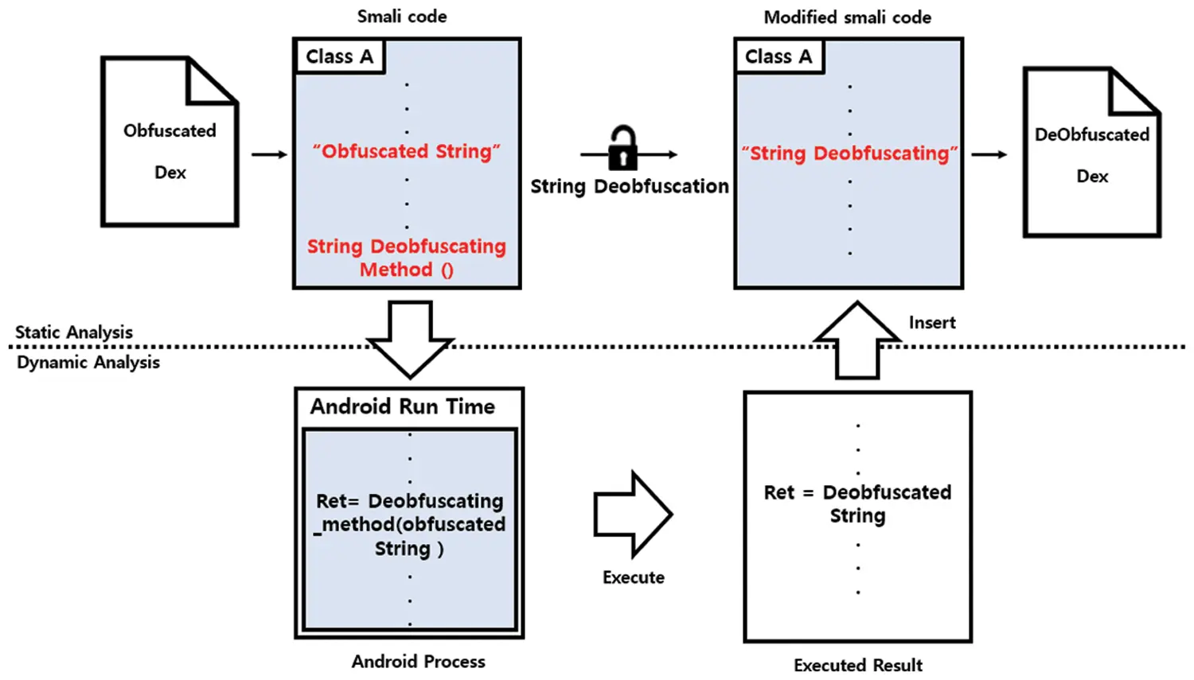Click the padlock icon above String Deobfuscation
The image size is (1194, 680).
click(x=622, y=149)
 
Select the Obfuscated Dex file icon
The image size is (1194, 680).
click(x=170, y=143)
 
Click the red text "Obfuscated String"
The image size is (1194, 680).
click(x=406, y=151)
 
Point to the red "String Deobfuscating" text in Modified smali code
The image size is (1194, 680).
click(x=849, y=153)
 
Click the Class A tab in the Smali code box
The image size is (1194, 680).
click(x=339, y=56)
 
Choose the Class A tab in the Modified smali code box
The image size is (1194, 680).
click(x=778, y=56)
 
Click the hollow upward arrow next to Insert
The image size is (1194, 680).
click(x=857, y=340)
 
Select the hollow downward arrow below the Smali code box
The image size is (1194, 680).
click(x=410, y=339)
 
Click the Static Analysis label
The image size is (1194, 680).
click(x=74, y=332)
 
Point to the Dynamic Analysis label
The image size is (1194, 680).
click(x=88, y=363)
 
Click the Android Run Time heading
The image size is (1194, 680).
click(x=403, y=406)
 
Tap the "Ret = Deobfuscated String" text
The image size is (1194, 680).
click(x=857, y=503)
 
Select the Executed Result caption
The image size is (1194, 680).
click(x=858, y=665)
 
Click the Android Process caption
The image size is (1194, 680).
click(x=418, y=662)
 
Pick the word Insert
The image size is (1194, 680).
click(x=932, y=322)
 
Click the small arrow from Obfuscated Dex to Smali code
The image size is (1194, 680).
click(x=270, y=154)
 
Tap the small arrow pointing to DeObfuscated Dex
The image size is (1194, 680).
click(x=989, y=154)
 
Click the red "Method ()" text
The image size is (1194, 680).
click(x=406, y=270)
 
